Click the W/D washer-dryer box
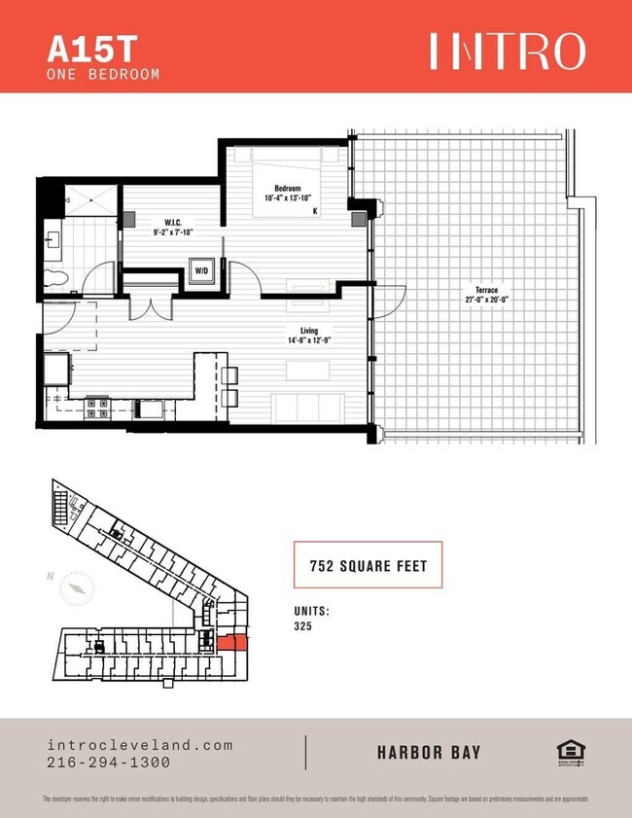[x=203, y=271]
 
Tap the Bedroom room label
[x=287, y=188]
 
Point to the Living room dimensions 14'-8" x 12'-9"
[x=308, y=340]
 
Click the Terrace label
[x=487, y=290]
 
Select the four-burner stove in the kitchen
[x=97, y=407]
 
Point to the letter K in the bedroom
[x=314, y=210]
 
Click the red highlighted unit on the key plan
[x=231, y=642]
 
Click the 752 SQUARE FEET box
[x=368, y=564]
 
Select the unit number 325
[x=303, y=626]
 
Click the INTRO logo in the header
[x=508, y=51]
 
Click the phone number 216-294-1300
[x=108, y=763]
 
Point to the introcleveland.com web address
[x=140, y=745]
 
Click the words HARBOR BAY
[x=429, y=753]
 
